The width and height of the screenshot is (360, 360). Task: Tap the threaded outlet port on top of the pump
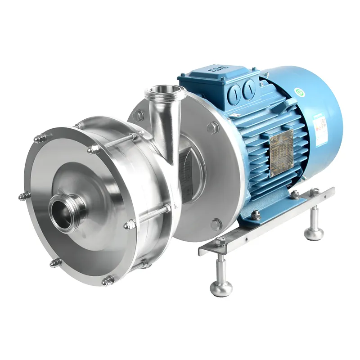click(165, 93)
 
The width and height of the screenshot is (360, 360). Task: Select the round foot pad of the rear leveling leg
click(314, 233)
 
